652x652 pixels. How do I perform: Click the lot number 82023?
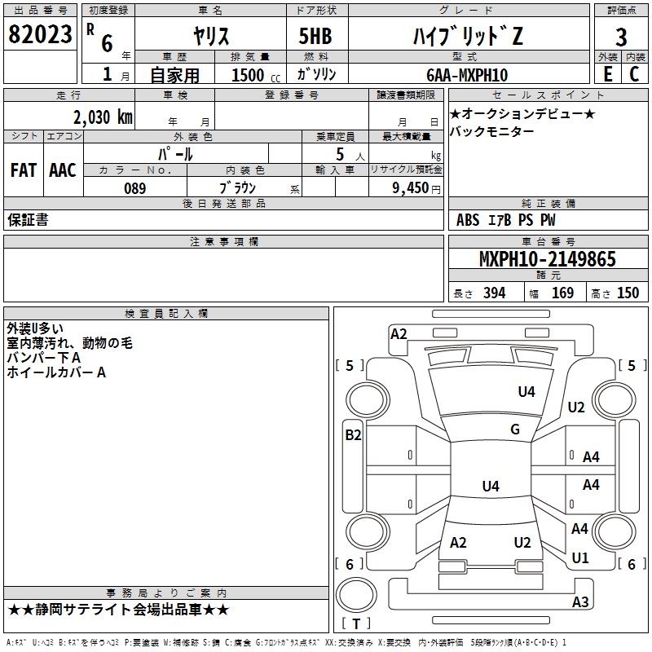pos(40,34)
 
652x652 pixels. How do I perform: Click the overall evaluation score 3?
pos(621,37)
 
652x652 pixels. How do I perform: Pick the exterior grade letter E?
pos(607,73)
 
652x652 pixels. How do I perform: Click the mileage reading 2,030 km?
pos(101,117)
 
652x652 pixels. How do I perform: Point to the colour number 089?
pos(134,188)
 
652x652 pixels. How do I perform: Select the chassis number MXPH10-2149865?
pos(547,260)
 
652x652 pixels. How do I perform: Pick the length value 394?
pos(494,293)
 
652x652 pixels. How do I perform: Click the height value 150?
pos(628,293)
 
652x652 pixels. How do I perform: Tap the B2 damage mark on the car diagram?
pos(353,435)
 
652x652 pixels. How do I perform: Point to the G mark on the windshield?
pos(515,430)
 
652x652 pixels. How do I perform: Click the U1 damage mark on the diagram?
pos(580,558)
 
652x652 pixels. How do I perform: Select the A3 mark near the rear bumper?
pos(580,602)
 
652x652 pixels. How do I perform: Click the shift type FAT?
pos(24,170)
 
